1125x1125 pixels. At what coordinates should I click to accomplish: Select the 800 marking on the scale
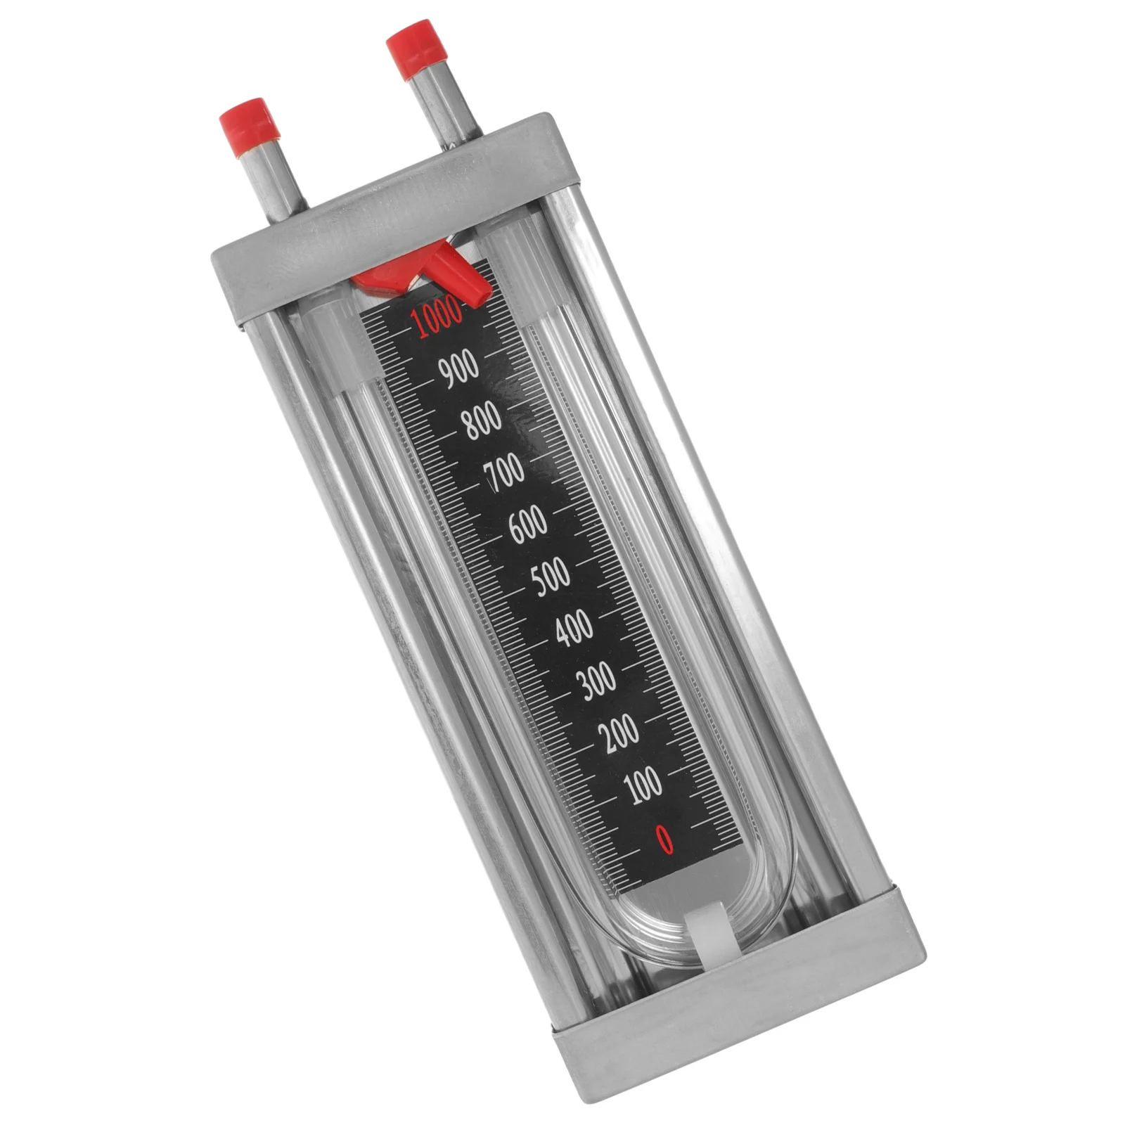pyautogui.click(x=482, y=419)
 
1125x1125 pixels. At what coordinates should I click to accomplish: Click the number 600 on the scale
pyautogui.click(x=527, y=524)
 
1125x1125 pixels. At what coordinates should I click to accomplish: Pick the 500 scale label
pyautogui.click(x=551, y=576)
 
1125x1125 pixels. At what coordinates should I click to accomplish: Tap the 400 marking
pyautogui.click(x=574, y=628)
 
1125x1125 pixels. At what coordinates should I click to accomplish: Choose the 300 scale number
pyautogui.click(x=597, y=680)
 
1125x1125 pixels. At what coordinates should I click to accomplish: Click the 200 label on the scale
pyautogui.click(x=619, y=731)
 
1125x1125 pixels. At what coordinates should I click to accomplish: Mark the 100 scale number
pyautogui.click(x=643, y=783)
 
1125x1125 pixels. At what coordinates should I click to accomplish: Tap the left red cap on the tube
pyautogui.click(x=250, y=130)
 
